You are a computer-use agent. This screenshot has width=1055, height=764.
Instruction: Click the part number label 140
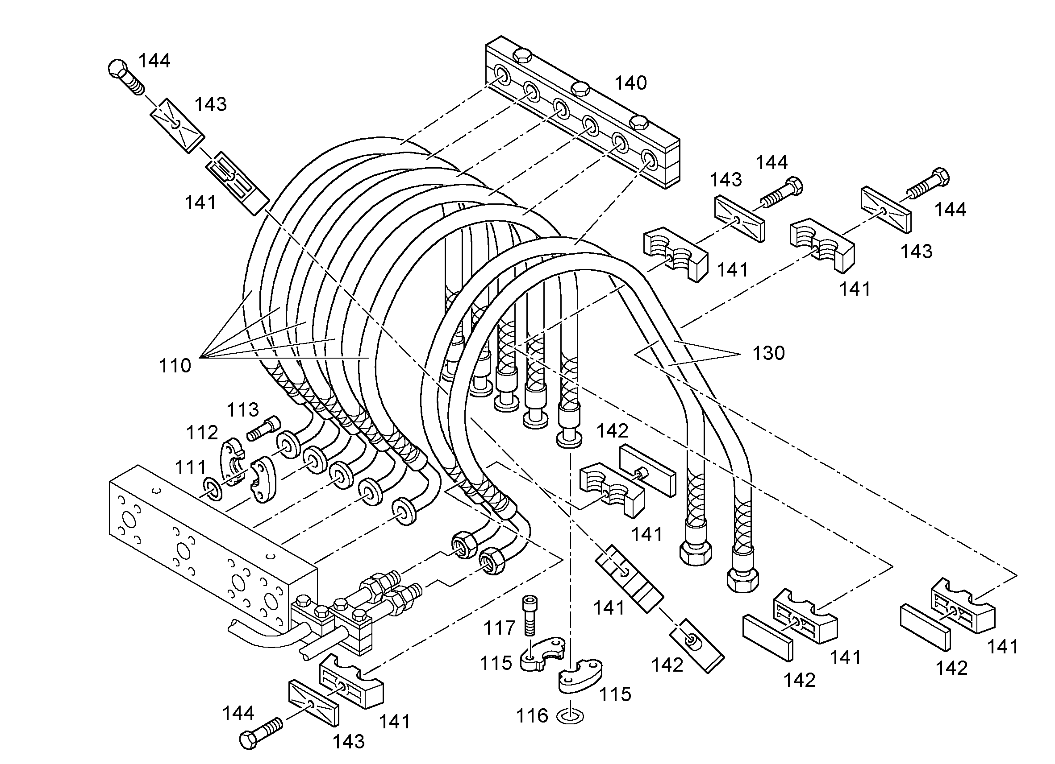point(631,83)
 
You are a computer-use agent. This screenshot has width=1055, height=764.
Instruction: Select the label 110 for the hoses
point(175,366)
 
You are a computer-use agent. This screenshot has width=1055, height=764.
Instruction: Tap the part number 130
point(769,353)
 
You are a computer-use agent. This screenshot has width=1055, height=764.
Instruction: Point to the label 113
point(242,410)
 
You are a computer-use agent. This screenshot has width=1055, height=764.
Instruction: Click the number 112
point(202,433)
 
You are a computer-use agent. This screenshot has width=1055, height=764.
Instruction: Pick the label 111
point(190,467)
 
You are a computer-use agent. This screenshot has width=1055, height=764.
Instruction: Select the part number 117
point(500,628)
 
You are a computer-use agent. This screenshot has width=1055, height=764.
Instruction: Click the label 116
point(532,716)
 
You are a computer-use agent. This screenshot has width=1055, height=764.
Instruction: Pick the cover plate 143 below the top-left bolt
point(177,124)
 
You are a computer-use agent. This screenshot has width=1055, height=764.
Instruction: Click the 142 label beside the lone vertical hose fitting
point(612,431)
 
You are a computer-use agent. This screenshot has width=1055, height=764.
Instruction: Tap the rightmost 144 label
point(951,210)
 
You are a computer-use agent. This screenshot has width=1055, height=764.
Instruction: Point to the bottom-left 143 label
point(348,742)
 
